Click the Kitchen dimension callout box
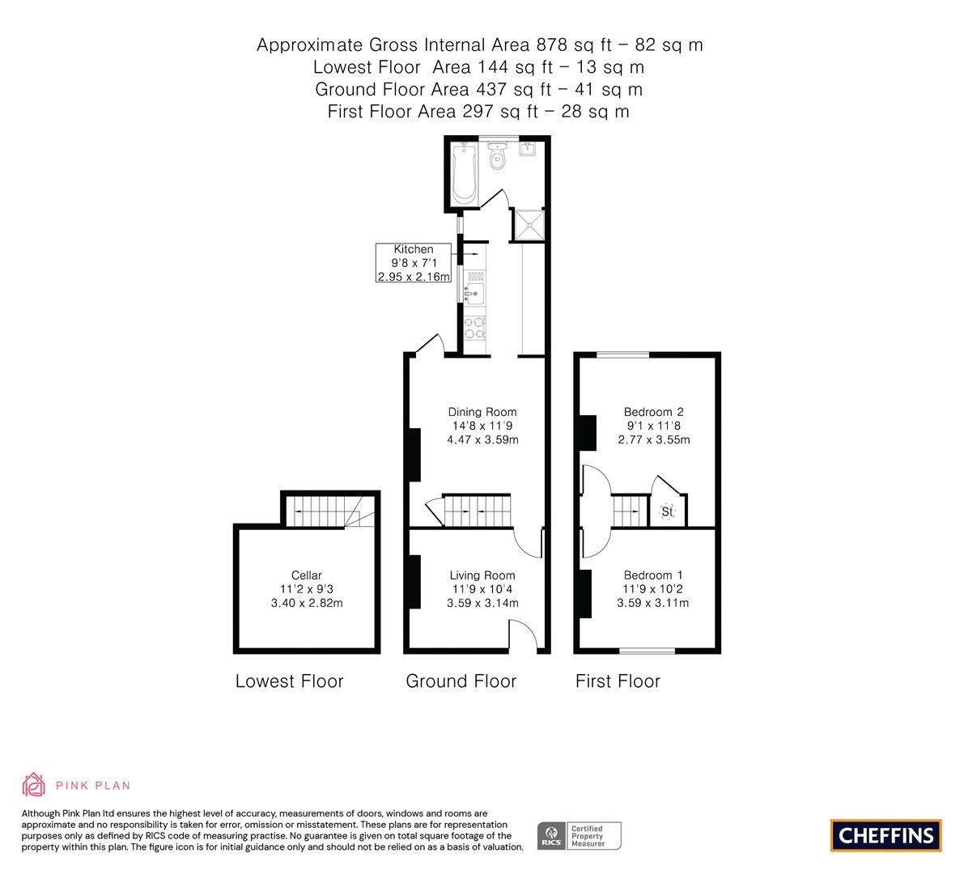pyautogui.click(x=414, y=263)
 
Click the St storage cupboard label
pyautogui.click(x=668, y=512)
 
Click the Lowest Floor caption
pyautogui.click(x=289, y=681)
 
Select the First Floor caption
pyautogui.click(x=618, y=681)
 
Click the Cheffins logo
pyautogui.click(x=885, y=835)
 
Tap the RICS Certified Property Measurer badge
pyautogui.click(x=580, y=835)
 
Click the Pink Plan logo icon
pyautogui.click(x=34, y=784)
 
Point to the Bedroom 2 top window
pyautogui.click(x=623, y=354)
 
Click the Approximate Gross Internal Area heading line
pyautogui.click(x=480, y=45)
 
